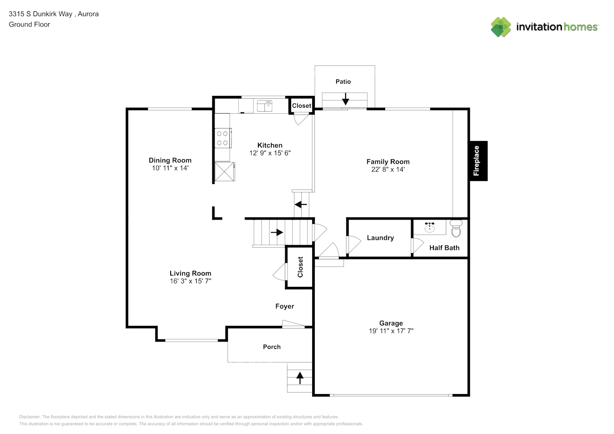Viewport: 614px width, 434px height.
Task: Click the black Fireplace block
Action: [x=478, y=161]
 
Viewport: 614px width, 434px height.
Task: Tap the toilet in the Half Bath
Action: [x=456, y=229]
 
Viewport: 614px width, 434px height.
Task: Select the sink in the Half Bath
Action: [x=429, y=227]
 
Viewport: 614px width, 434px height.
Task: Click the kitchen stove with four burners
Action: [x=222, y=138]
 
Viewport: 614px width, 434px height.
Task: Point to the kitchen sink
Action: [x=264, y=105]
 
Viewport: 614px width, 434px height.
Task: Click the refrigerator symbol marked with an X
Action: [x=224, y=171]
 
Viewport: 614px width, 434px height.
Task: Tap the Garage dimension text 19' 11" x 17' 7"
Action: [x=391, y=331]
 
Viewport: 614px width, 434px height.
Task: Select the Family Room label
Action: [x=388, y=161]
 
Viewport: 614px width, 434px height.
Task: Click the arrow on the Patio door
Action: [x=345, y=99]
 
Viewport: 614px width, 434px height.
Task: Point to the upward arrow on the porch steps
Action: [x=300, y=378]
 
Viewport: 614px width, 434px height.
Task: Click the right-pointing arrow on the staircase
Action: [x=277, y=233]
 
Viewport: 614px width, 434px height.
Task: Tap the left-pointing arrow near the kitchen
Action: [x=301, y=204]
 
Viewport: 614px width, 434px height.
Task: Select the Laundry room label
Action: [x=380, y=238]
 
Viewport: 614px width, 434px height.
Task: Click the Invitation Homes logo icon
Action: [x=501, y=27]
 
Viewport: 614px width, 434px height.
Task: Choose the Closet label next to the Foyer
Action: [x=300, y=267]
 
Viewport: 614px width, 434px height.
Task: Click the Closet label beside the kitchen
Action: [x=301, y=105]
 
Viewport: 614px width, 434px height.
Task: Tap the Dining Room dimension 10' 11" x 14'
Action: [x=170, y=168]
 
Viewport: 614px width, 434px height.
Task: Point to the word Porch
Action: [x=272, y=347]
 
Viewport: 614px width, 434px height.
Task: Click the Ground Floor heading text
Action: [x=30, y=24]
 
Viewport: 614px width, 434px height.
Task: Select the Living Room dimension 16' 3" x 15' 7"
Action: [x=190, y=281]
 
